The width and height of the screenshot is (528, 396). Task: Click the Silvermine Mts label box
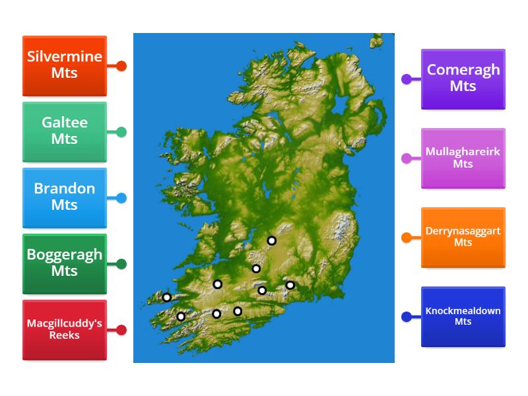[65, 66]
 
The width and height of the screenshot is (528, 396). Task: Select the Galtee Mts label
[65, 132]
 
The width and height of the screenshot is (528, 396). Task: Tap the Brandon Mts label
[65, 198]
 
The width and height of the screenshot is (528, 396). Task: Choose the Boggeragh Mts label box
[65, 264]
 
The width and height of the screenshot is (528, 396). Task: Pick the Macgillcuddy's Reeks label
[65, 330]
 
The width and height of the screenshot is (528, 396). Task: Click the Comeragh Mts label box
[463, 79]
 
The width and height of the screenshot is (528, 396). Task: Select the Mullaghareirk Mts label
[463, 158]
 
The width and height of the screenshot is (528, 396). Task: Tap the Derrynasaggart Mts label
[463, 238]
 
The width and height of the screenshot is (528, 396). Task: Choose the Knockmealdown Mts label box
[463, 317]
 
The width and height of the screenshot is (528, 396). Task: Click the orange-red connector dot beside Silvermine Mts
[121, 66]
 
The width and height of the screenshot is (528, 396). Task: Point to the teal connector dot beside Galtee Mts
[121, 132]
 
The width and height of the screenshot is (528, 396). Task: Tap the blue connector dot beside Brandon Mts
[121, 198]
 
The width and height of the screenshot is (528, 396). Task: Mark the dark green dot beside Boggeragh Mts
[121, 264]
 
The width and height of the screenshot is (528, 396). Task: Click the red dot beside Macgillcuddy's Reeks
[121, 330]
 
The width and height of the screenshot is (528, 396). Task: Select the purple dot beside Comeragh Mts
[407, 79]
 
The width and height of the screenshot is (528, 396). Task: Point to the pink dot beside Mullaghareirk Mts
[407, 158]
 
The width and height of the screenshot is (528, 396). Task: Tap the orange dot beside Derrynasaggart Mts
[407, 238]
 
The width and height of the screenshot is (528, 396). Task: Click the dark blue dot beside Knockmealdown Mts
[407, 317]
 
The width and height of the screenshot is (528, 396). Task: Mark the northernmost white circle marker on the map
[271, 241]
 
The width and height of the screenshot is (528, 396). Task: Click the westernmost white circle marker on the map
[167, 298]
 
